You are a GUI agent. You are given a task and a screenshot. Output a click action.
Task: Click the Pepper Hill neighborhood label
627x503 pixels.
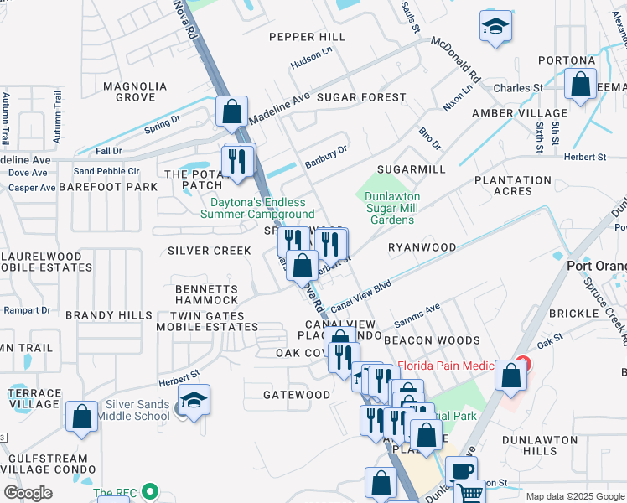(307, 37)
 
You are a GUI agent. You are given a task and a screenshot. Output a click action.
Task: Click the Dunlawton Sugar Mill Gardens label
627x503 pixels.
(391, 208)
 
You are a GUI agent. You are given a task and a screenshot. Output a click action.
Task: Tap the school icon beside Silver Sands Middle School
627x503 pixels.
(194, 402)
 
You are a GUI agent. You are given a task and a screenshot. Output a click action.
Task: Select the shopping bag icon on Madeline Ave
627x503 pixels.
(231, 111)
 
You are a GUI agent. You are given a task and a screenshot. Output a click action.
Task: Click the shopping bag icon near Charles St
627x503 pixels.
(580, 84)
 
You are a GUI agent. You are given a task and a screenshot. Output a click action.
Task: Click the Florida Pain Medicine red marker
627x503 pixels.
(523, 365)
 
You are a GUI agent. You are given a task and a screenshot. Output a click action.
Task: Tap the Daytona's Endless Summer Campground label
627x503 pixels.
(251, 208)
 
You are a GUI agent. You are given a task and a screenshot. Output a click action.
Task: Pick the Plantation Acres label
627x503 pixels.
(513, 185)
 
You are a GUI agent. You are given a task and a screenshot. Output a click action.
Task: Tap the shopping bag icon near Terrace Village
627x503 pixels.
(82, 416)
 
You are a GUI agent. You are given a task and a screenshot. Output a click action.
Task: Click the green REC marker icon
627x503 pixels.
(150, 492)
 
